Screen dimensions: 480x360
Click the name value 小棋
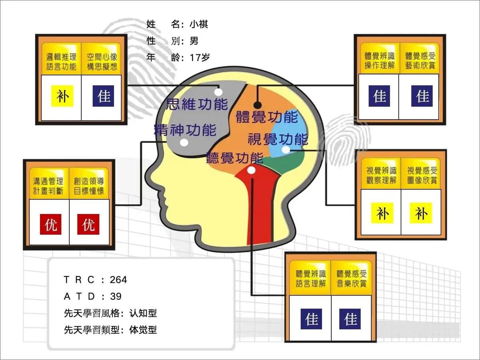click(x=198, y=24)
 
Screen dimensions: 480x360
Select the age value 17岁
click(x=200, y=58)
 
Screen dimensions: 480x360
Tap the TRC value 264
click(x=118, y=280)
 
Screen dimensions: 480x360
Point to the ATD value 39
click(x=116, y=296)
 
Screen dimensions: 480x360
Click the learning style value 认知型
click(x=143, y=313)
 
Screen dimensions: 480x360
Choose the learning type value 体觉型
click(x=143, y=330)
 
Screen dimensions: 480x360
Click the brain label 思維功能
click(x=197, y=104)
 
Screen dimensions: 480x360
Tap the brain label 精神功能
click(x=186, y=130)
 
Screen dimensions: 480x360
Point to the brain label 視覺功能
click(x=278, y=139)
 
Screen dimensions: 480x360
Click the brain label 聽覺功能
click(x=235, y=158)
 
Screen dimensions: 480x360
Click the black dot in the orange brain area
click(x=258, y=105)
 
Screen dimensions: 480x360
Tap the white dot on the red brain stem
click(x=251, y=170)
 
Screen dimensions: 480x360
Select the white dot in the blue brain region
click(x=286, y=150)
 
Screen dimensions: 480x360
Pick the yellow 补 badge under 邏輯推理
click(x=62, y=96)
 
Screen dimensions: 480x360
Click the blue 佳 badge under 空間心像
click(x=104, y=96)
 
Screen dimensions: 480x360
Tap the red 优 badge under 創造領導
click(x=88, y=224)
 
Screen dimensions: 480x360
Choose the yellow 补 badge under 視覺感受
click(x=421, y=213)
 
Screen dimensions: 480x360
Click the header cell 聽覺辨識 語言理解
click(x=310, y=278)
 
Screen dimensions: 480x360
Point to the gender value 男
click(x=194, y=41)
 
